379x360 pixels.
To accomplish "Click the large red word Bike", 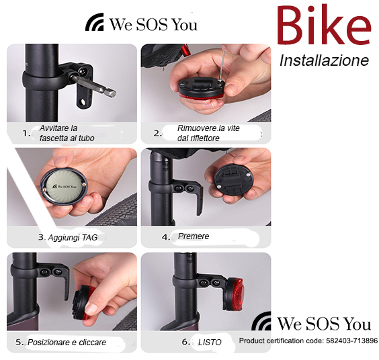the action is [x=324, y=26].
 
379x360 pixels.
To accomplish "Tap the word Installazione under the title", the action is [x=324, y=60].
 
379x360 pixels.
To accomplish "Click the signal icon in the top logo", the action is [x=95, y=21].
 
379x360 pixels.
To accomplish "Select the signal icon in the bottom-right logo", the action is [x=261, y=321].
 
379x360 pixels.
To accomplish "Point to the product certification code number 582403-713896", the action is [x=351, y=341].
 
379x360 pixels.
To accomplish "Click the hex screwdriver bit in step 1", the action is [x=93, y=85].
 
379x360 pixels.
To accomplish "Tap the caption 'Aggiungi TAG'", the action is [x=73, y=238].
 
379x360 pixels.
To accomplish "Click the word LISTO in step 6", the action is [x=210, y=342].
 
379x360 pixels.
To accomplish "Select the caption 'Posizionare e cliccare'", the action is [x=67, y=342].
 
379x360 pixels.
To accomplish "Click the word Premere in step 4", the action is [x=194, y=236].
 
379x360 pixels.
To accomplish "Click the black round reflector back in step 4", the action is [x=234, y=179].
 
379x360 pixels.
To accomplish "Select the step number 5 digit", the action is [x=18, y=342].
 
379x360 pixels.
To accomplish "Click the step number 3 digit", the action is [x=41, y=237].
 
